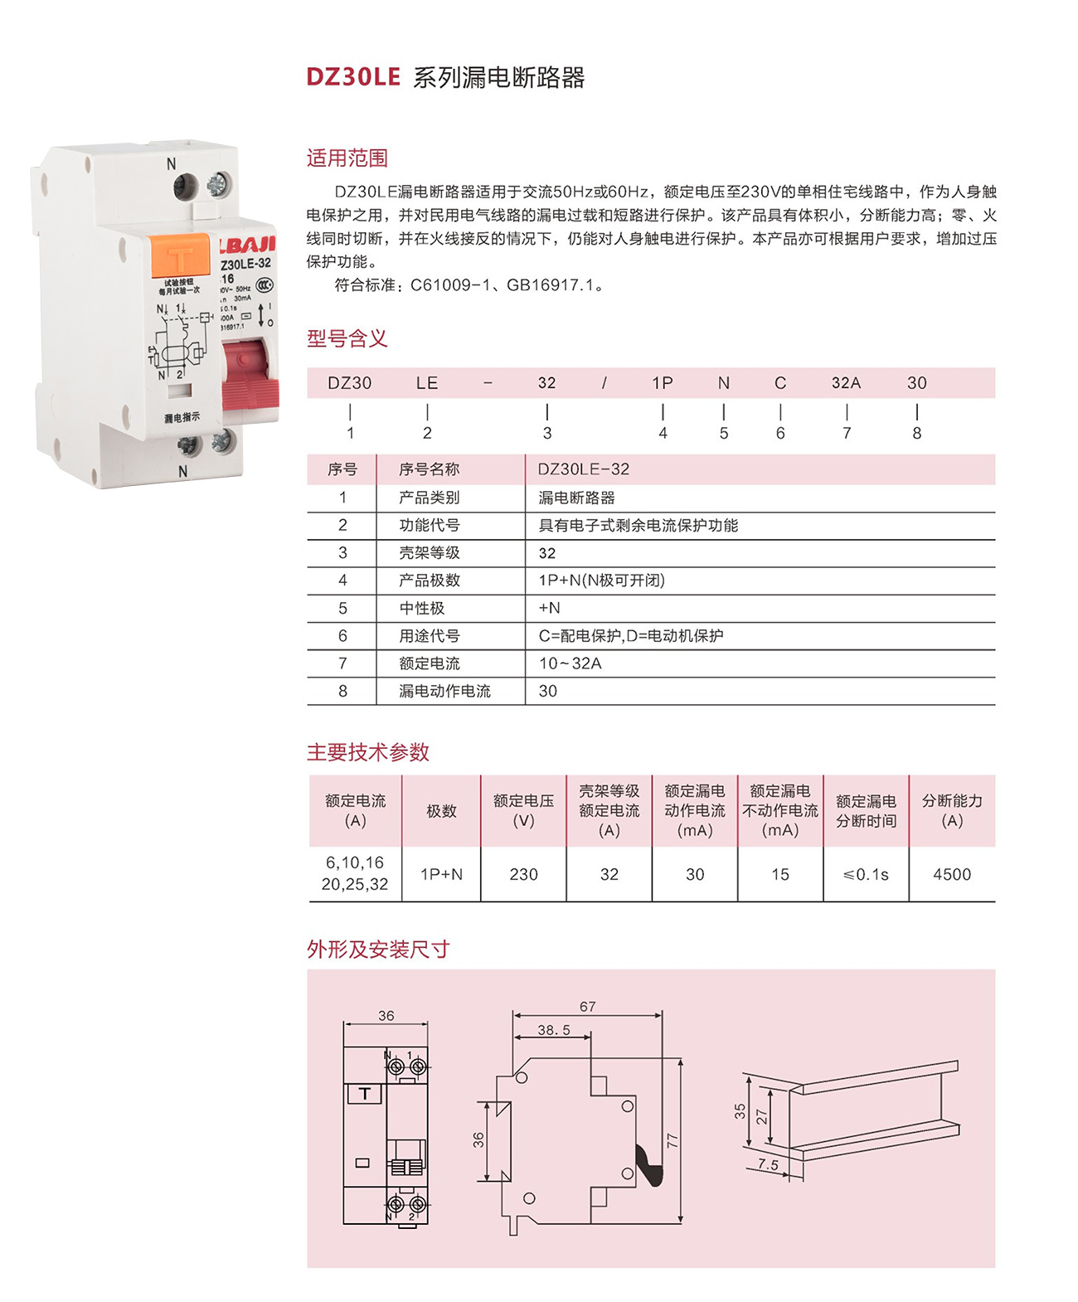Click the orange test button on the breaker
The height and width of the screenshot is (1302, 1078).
(x=180, y=256)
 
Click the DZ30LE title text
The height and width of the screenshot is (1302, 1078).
(x=353, y=77)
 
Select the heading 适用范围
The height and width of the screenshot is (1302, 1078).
(x=347, y=158)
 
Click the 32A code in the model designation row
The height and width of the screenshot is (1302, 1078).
(x=846, y=383)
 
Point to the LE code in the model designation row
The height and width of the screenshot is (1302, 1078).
(x=426, y=383)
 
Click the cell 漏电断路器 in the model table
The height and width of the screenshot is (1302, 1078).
(x=576, y=498)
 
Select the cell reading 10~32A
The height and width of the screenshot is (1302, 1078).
(x=570, y=663)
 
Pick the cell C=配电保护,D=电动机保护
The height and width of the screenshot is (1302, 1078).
(x=630, y=636)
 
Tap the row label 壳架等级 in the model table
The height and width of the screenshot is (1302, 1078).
(x=429, y=553)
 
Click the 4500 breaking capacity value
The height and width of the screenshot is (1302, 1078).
(x=951, y=874)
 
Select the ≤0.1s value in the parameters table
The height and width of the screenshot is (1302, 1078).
(x=865, y=874)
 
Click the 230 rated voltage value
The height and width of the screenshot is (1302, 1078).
(x=523, y=874)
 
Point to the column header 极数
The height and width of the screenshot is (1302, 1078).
(x=441, y=811)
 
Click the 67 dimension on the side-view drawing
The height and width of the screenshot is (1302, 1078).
(x=587, y=1007)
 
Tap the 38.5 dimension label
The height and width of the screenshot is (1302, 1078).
(x=554, y=1030)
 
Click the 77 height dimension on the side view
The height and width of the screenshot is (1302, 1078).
(x=672, y=1141)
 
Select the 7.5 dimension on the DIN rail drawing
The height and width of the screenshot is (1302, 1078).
(x=768, y=1164)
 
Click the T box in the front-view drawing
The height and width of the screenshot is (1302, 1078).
(x=364, y=1094)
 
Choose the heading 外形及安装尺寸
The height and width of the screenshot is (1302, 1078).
(x=377, y=949)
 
